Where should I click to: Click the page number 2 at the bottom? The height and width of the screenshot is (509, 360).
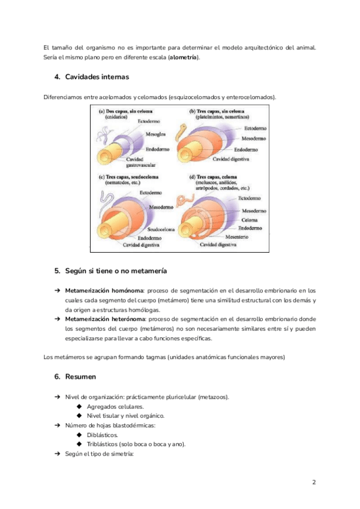[x=314, y=482]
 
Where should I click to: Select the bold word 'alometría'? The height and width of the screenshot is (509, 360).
[x=184, y=58]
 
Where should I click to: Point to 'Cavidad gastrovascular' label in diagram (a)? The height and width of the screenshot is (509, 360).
[x=142, y=160]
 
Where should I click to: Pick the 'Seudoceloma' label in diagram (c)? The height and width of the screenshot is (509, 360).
[x=161, y=229]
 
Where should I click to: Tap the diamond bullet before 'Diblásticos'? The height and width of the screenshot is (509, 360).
[x=79, y=435]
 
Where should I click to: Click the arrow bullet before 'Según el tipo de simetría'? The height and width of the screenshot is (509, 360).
[x=58, y=454]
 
